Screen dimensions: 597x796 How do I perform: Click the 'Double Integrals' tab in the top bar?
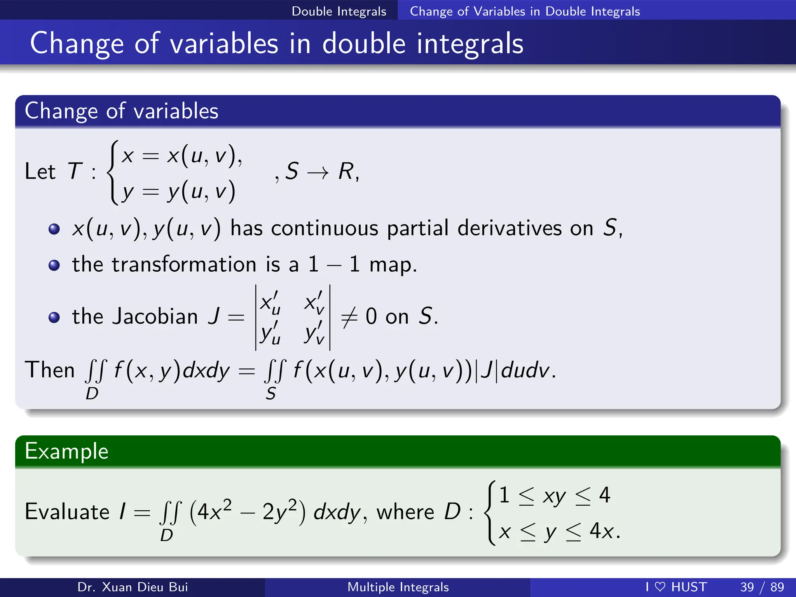click(x=339, y=11)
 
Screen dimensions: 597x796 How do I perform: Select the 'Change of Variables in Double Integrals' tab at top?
click(x=525, y=11)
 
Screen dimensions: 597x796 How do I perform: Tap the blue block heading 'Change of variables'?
click(x=122, y=111)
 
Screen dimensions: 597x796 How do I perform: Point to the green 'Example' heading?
click(x=66, y=451)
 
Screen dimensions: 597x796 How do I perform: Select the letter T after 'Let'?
click(x=75, y=171)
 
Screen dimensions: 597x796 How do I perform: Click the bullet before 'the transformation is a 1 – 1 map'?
click(x=54, y=265)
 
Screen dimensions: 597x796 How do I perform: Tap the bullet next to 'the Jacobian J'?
click(x=54, y=318)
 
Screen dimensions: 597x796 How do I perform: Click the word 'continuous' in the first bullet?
click(x=325, y=228)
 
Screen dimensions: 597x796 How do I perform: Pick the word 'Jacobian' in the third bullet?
click(x=155, y=316)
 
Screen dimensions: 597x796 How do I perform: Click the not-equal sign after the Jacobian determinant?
click(x=349, y=317)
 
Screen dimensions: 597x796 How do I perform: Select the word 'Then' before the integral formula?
click(x=49, y=370)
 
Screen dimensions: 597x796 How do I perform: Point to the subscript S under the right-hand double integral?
click(x=271, y=394)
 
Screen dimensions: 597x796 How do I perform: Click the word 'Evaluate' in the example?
click(x=67, y=511)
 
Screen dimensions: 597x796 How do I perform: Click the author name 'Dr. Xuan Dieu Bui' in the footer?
click(x=133, y=587)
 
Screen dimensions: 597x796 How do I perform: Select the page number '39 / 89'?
click(x=762, y=587)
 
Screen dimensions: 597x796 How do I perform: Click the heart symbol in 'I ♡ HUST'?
click(x=660, y=587)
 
